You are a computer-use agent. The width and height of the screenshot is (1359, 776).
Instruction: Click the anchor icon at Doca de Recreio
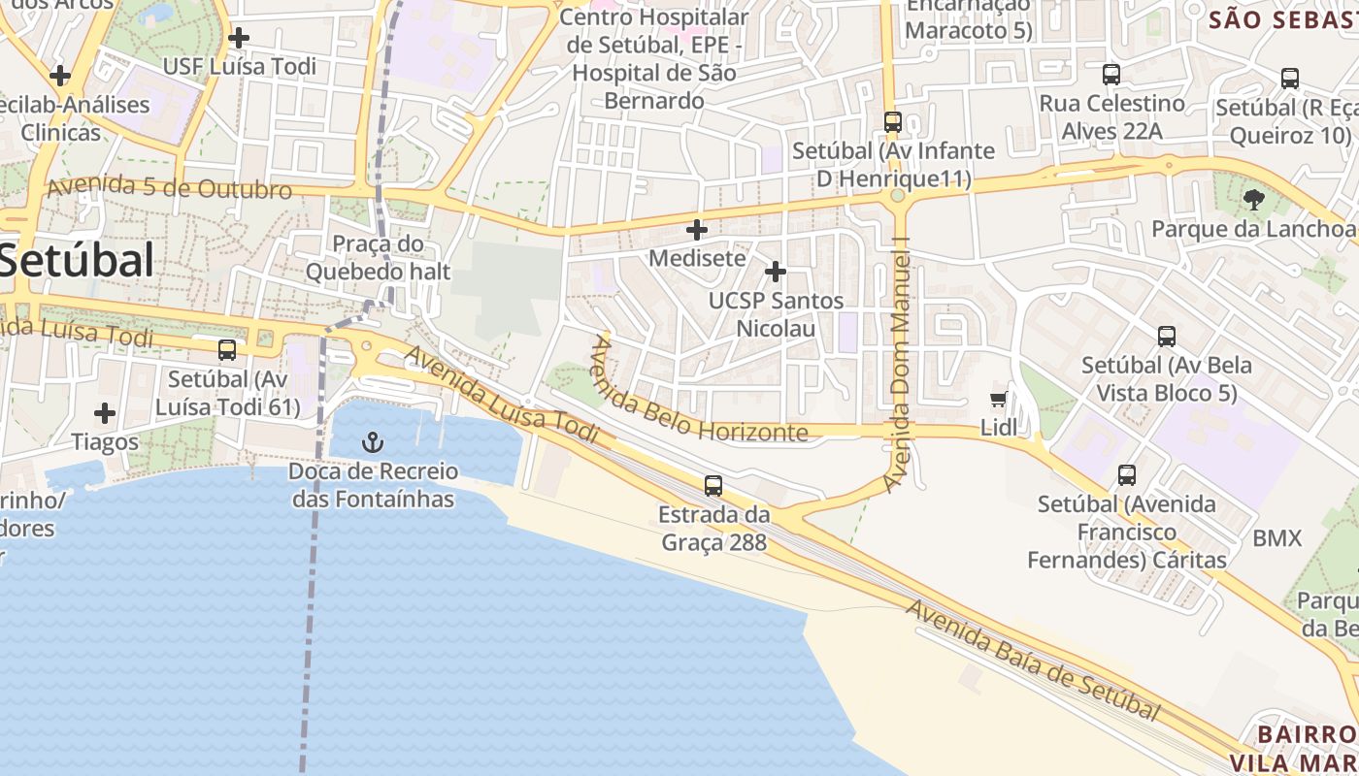[x=373, y=443]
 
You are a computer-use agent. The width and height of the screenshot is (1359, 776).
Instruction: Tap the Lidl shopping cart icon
[x=998, y=400]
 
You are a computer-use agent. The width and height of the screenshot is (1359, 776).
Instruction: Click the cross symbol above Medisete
[x=697, y=230]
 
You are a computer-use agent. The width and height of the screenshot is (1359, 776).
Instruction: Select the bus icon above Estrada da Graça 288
[x=713, y=485]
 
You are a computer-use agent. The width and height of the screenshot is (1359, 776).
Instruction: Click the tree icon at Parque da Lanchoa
[x=1253, y=200]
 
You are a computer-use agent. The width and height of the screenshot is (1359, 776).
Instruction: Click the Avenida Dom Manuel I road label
[x=902, y=369]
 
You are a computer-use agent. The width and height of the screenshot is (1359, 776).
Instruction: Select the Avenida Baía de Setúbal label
[x=1033, y=661]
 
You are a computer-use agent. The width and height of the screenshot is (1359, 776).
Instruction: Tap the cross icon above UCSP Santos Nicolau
[x=775, y=272]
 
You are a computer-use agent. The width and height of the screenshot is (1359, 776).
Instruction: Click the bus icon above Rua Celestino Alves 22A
[x=1111, y=75]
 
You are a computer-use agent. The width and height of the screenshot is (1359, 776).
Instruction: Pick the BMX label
[x=1276, y=538]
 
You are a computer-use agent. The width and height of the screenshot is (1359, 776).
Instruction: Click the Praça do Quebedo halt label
[x=379, y=257]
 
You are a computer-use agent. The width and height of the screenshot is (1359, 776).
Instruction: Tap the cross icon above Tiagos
[x=105, y=413]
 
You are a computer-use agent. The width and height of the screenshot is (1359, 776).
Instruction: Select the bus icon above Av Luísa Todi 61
[x=227, y=349]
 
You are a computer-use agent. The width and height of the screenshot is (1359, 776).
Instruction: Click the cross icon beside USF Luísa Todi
[x=238, y=38]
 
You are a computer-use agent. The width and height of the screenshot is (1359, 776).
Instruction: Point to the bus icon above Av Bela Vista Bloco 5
[x=1167, y=337]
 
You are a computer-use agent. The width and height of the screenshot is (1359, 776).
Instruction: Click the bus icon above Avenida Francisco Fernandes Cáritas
[x=1127, y=475]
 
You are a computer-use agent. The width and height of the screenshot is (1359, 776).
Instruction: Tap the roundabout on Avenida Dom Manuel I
[x=897, y=195]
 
